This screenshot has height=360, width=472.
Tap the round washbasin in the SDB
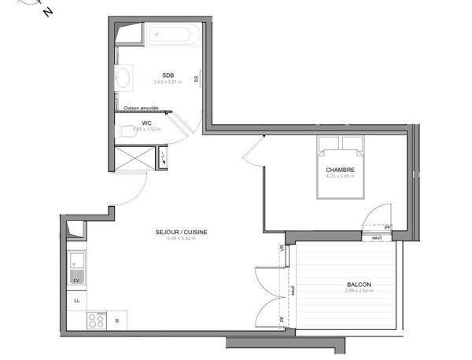[124, 78]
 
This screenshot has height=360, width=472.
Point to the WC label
[146, 123]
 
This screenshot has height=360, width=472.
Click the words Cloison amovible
[141, 108]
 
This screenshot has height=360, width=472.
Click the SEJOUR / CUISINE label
[181, 233]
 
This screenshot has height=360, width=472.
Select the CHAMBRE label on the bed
[341, 169]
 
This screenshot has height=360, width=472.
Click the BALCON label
[359, 285]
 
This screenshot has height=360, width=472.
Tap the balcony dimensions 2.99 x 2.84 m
[359, 292]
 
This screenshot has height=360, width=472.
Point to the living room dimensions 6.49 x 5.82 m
[181, 239]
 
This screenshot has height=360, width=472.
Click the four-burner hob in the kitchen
[96, 321]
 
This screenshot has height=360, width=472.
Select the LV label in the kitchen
[77, 280]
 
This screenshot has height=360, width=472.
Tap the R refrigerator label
[117, 321]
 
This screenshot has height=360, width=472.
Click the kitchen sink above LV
[77, 260]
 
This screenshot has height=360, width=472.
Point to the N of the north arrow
[48, 12]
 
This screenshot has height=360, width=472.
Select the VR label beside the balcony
[281, 249]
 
